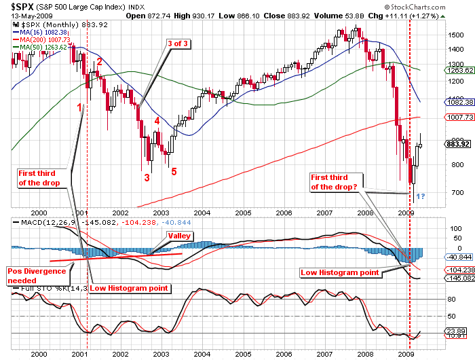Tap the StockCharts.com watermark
click(440, 7)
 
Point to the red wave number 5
click(174, 171)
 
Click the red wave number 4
click(157, 121)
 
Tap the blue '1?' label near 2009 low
click(420, 197)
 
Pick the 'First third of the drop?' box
click(335, 182)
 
